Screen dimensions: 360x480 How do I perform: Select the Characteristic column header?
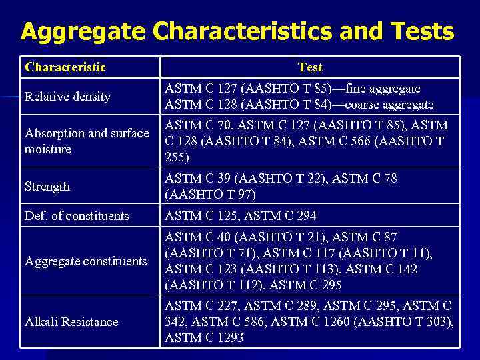[65, 67]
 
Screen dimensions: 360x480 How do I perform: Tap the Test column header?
[310, 67]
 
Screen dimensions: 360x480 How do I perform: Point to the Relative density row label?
[67, 97]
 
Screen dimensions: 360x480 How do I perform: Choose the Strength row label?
[47, 187]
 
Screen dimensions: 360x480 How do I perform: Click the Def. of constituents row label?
[77, 215]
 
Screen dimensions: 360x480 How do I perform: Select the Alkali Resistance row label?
[71, 322]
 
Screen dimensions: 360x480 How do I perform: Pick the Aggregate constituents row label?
[85, 261]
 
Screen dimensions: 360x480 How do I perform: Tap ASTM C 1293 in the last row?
[204, 339]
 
